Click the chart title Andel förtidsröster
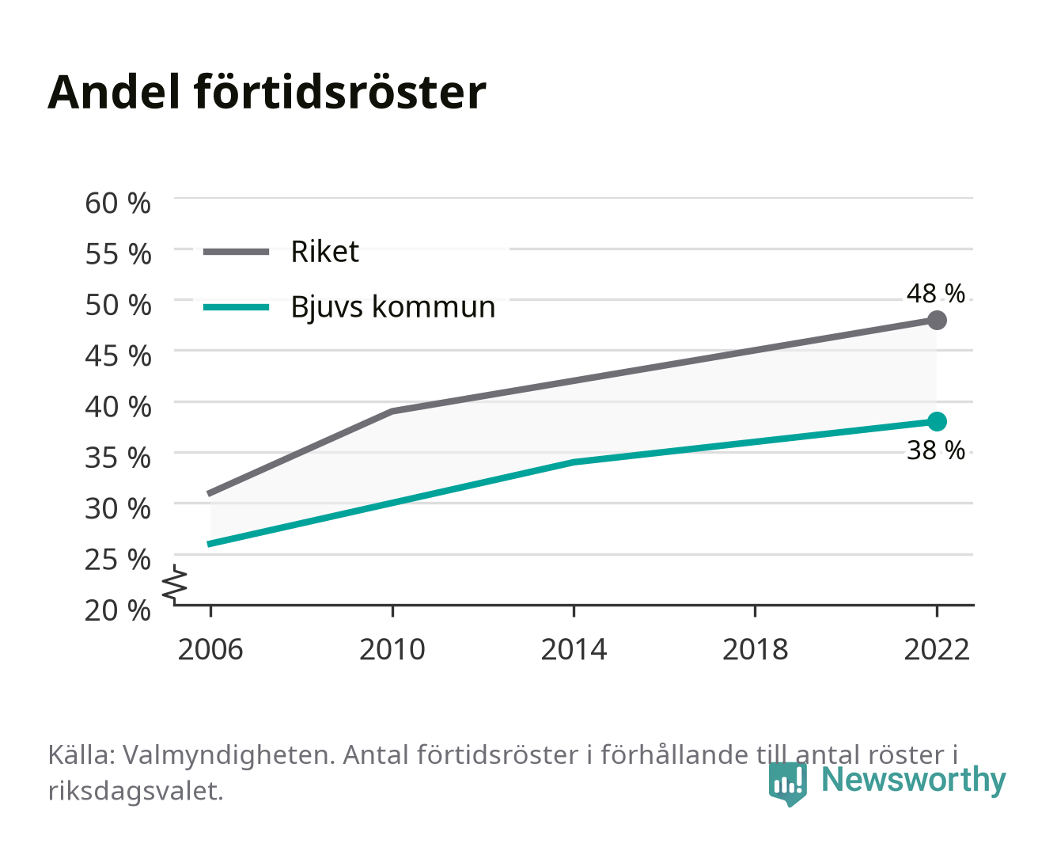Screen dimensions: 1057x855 [x=267, y=93]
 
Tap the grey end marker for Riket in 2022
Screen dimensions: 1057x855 [x=936, y=321]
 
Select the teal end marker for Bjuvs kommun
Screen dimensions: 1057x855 [x=936, y=421]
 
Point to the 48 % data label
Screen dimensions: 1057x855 [x=935, y=294]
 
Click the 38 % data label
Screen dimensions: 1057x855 [x=935, y=450]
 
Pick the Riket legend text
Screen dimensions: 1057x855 [x=324, y=252]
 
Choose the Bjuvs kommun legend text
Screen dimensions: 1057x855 [x=393, y=307]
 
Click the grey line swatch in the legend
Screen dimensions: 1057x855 [x=237, y=253]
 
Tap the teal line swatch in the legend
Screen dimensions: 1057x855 [x=237, y=308]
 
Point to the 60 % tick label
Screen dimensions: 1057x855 [x=118, y=203]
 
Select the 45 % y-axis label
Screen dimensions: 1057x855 [x=118, y=356]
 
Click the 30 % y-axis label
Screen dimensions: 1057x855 [x=118, y=509]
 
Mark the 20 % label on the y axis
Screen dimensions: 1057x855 [x=118, y=610]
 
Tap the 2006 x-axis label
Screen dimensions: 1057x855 [x=210, y=649]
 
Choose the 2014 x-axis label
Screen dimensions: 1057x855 [x=574, y=649]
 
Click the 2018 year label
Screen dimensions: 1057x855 [x=755, y=649]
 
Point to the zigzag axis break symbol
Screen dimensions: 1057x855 [x=175, y=584]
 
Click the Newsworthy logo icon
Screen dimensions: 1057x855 [x=787, y=784]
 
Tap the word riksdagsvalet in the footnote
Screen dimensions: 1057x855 [x=135, y=792]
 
